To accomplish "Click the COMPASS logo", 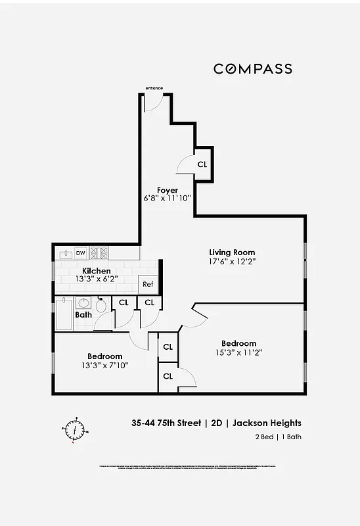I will pyautogui.click(x=252, y=68).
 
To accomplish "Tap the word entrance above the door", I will pyautogui.click(x=154, y=88).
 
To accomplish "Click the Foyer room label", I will pyautogui.click(x=168, y=190).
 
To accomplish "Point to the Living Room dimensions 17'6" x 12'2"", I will pyautogui.click(x=232, y=261).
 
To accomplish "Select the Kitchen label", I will pyautogui.click(x=96, y=271).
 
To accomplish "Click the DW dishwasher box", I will pyautogui.click(x=81, y=252).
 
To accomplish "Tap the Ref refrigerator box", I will pyautogui.click(x=148, y=284).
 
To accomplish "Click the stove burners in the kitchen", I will pyautogui.click(x=99, y=252).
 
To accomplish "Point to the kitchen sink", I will pyautogui.click(x=65, y=252).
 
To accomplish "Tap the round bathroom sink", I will pyautogui.click(x=83, y=303).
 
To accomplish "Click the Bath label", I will pyautogui.click(x=83, y=315).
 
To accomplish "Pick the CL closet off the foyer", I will pyautogui.click(x=202, y=164).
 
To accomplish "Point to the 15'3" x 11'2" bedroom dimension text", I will pyautogui.click(x=238, y=352).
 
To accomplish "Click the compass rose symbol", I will pyautogui.click(x=77, y=430).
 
